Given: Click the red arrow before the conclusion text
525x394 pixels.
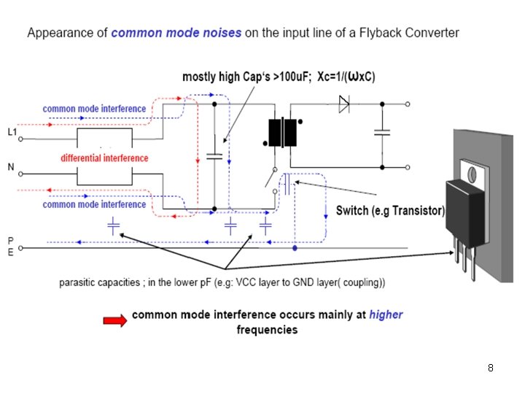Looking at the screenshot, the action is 115,320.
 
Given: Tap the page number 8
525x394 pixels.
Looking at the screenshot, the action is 491,368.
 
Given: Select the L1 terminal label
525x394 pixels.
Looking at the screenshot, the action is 12,132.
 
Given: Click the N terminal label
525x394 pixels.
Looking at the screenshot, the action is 11,167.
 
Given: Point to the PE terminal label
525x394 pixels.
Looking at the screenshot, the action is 11,247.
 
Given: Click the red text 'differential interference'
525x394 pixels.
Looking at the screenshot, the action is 104,158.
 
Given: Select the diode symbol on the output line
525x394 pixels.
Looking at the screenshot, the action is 344,104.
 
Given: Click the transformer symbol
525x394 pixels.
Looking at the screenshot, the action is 283,132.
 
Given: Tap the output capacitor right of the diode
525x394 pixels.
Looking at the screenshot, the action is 382,132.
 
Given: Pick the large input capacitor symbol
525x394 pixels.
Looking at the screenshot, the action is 214,156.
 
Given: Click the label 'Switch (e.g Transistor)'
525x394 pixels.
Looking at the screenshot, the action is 390,211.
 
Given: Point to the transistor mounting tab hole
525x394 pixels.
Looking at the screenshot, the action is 472,174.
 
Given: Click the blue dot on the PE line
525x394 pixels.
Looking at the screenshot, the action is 295,248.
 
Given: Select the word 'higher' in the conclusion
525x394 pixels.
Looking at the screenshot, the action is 386,314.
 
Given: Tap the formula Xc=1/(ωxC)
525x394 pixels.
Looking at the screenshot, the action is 346,77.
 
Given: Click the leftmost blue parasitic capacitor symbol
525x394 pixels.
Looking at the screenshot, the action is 114,225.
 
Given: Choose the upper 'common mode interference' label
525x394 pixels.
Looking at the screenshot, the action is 94,109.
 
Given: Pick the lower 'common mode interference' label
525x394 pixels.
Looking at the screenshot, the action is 94,204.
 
